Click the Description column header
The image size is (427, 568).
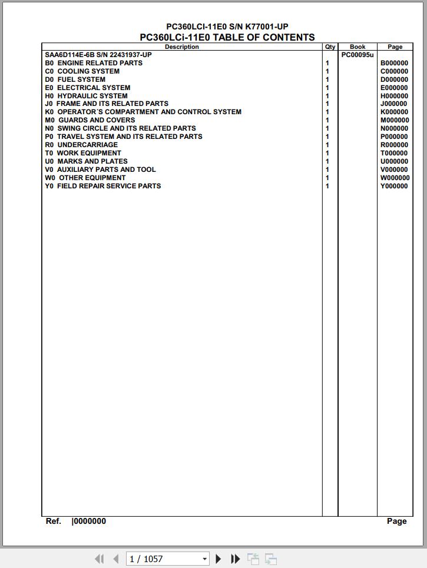(181, 47)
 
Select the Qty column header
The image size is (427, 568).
(330, 47)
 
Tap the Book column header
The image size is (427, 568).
(358, 47)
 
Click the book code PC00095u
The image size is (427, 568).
(358, 55)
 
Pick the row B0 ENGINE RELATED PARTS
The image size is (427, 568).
(94, 63)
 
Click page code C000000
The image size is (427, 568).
(394, 71)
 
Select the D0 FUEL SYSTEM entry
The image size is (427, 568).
(75, 79)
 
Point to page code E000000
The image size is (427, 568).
(394, 88)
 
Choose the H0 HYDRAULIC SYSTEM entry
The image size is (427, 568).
(86, 96)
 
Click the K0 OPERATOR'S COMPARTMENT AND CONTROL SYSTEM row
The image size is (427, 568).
(143, 112)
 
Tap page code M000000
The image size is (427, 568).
(395, 120)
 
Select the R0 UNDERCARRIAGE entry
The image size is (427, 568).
(81, 145)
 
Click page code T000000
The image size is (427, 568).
(394, 153)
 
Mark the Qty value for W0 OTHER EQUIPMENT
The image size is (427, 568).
(327, 178)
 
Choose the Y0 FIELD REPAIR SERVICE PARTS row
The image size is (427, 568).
(103, 186)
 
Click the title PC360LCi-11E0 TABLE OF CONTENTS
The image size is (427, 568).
(227, 37)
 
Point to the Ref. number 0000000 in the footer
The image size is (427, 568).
(90, 522)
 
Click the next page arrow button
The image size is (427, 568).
(219, 559)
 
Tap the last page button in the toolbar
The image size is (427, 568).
(235, 559)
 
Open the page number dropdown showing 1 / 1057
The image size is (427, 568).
(204, 559)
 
